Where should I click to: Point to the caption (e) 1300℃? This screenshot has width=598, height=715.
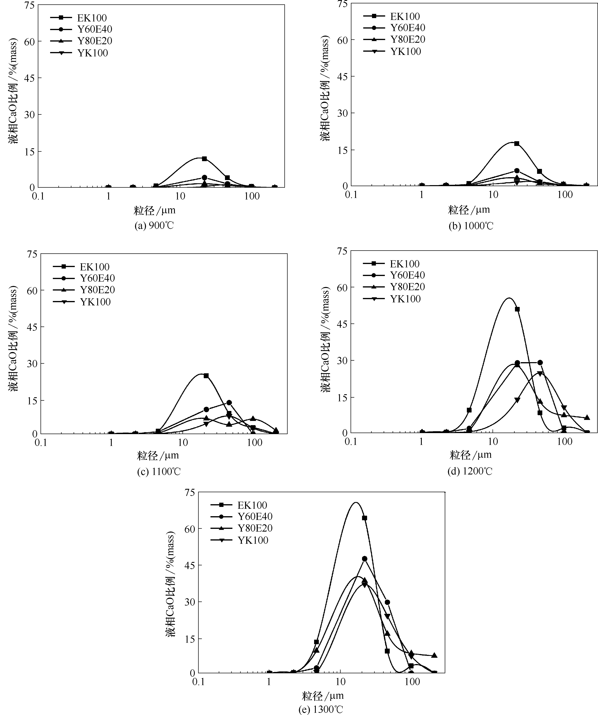(320, 709)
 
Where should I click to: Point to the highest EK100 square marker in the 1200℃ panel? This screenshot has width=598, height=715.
(517, 309)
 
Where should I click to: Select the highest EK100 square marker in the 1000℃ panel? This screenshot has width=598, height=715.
(517, 143)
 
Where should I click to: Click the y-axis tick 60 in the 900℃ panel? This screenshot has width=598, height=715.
(30, 42)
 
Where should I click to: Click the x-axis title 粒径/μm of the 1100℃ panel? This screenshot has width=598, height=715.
(158, 455)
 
